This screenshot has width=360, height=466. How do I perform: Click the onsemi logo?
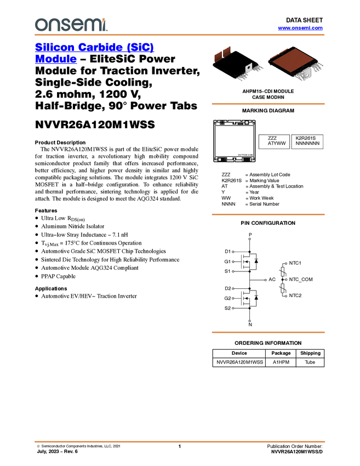[x=71, y=25]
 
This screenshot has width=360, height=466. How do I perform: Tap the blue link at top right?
[x=300, y=28]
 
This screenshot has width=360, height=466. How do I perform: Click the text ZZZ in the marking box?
[x=272, y=138]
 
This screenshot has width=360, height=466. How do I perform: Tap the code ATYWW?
[x=277, y=144]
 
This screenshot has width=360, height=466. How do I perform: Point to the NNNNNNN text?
[x=307, y=144]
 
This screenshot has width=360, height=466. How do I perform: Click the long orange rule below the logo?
[x=180, y=35]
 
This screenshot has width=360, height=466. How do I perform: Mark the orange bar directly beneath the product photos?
[x=268, y=103]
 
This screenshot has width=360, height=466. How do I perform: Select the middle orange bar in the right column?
[x=268, y=214]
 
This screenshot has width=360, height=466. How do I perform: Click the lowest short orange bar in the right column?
[x=268, y=332]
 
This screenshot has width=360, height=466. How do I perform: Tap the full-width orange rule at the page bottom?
[x=180, y=441]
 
